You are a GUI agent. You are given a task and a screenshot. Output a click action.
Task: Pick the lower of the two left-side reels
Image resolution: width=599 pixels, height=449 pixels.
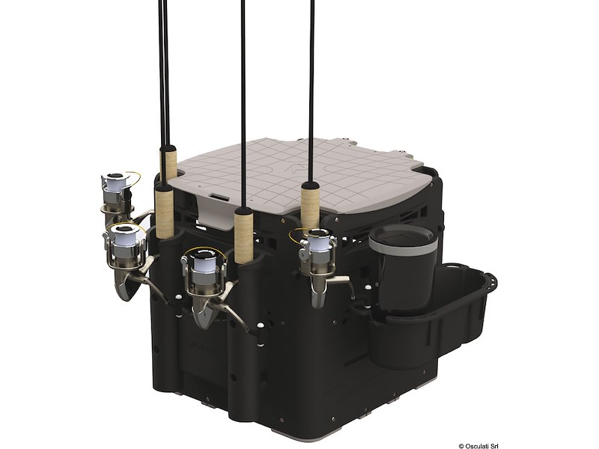pos(127,247)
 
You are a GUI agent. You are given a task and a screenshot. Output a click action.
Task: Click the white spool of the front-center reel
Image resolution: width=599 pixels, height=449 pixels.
pos(204,265)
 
